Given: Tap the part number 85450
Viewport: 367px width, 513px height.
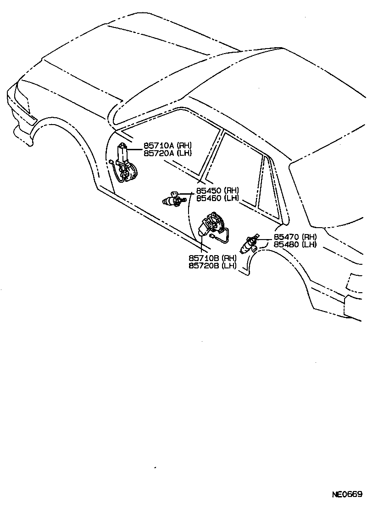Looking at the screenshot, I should click(209, 191).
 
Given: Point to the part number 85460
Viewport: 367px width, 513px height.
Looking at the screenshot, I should click(209, 198).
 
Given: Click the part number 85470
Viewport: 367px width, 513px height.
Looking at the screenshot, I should click(287, 237).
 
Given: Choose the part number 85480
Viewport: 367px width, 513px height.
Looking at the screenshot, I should click(287, 244).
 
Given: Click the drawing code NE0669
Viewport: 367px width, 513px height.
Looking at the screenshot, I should click(347, 495).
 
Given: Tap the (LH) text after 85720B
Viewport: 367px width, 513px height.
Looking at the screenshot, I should click(229, 265).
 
